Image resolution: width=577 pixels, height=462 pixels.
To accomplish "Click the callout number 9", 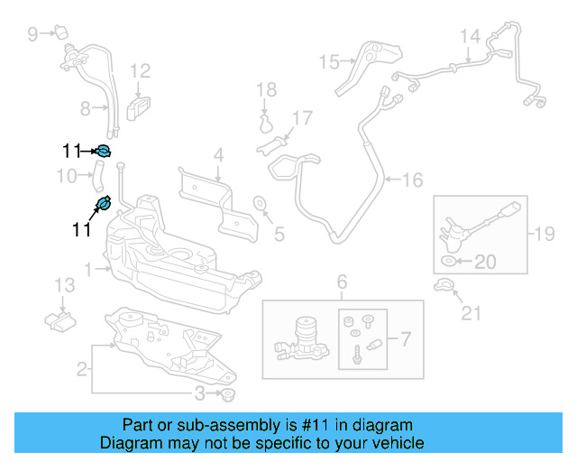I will click(x=33, y=34).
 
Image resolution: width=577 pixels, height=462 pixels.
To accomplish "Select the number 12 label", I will click(x=140, y=70).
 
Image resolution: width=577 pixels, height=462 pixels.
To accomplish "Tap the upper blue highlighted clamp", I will click(x=103, y=151).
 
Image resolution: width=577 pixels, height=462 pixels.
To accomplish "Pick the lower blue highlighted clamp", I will click(x=104, y=203).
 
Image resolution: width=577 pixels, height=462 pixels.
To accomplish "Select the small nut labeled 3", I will click(x=227, y=394).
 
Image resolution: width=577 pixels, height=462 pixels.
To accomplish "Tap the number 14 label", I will click(x=470, y=36).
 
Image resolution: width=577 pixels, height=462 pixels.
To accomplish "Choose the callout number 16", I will click(x=411, y=180).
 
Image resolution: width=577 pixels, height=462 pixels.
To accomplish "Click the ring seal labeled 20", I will click(x=448, y=262).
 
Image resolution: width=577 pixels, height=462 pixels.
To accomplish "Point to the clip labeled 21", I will click(x=442, y=287).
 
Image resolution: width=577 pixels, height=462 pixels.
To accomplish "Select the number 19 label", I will click(x=543, y=236).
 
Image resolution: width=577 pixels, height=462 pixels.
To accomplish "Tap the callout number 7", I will click(x=405, y=340).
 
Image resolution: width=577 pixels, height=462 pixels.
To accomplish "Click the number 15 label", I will click(x=328, y=61).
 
